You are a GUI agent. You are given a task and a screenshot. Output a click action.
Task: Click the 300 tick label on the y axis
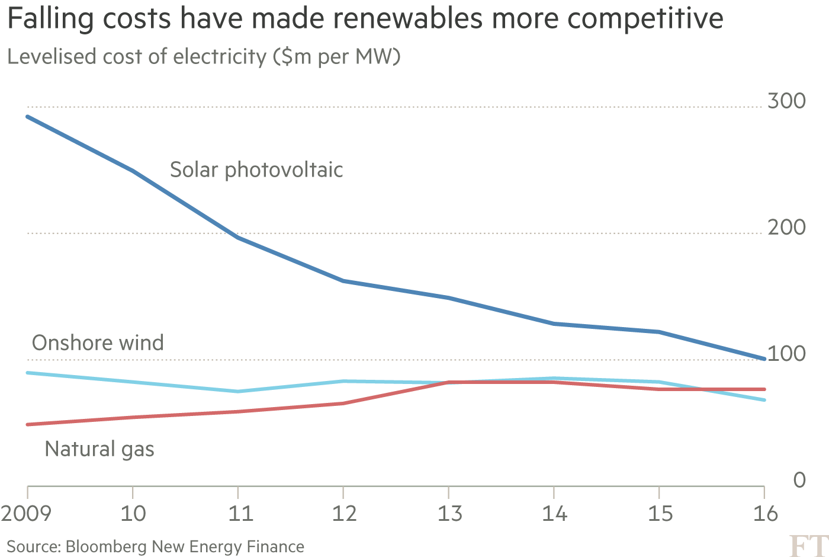(786, 101)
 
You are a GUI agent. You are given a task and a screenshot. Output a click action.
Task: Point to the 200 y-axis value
(786, 228)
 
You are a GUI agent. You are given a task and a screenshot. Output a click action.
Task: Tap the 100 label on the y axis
(786, 354)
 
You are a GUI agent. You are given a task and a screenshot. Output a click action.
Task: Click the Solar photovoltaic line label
(256, 170)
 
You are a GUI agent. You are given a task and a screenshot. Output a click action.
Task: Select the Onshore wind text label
(98, 343)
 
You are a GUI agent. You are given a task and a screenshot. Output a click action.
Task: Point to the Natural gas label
(99, 449)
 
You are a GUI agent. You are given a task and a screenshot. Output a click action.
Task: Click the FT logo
(809, 546)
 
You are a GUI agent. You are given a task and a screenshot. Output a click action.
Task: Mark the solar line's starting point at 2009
(28, 117)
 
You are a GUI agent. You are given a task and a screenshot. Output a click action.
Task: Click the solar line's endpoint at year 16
(764, 358)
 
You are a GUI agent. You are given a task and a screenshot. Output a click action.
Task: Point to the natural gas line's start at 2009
(28, 424)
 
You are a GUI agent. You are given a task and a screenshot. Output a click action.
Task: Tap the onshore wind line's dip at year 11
(238, 391)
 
